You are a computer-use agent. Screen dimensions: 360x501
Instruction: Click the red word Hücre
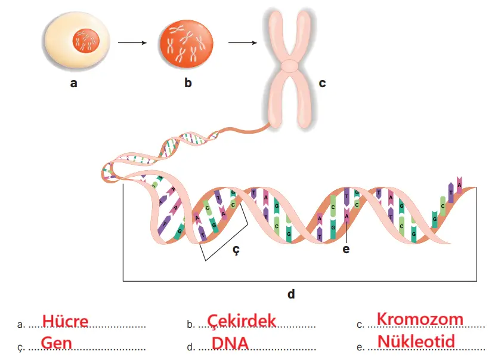65,321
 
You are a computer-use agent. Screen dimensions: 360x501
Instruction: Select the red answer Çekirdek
242,321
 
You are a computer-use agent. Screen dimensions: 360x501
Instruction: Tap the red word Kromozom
420,319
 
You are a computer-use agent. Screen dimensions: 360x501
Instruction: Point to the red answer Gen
57,343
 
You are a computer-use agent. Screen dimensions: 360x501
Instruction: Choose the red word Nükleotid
416,341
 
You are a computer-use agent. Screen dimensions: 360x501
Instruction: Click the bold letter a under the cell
73,84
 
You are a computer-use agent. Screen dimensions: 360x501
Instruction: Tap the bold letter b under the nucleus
188,83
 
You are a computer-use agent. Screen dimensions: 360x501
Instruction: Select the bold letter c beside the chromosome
322,83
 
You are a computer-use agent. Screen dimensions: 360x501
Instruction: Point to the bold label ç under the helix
236,251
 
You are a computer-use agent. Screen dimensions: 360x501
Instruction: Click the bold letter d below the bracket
291,294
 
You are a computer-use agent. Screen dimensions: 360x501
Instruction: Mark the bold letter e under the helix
346,249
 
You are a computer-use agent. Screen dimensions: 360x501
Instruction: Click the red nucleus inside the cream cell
85,42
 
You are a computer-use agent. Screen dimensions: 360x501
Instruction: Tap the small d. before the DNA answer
190,347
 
